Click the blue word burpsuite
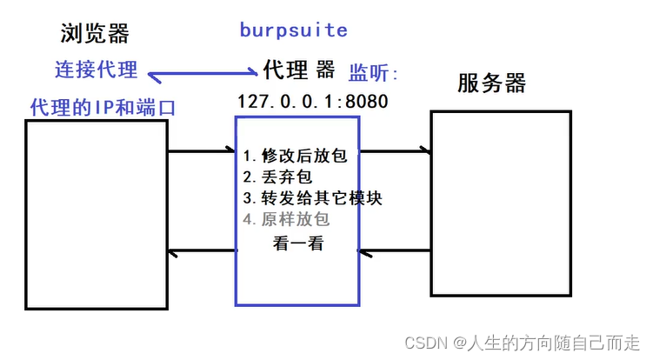pyautogui.click(x=293, y=30)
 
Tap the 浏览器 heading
pyautogui.click(x=95, y=34)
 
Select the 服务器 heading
pyautogui.click(x=491, y=83)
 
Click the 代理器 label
pyautogui.click(x=298, y=69)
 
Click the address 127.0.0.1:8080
pyautogui.click(x=312, y=101)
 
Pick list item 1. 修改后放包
pyautogui.click(x=295, y=157)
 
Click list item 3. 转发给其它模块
pyautogui.click(x=312, y=198)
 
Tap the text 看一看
pyautogui.click(x=298, y=244)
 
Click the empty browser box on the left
pyautogui.click(x=96, y=214)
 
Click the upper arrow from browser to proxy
pyautogui.click(x=203, y=152)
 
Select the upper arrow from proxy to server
pyautogui.click(x=396, y=151)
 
